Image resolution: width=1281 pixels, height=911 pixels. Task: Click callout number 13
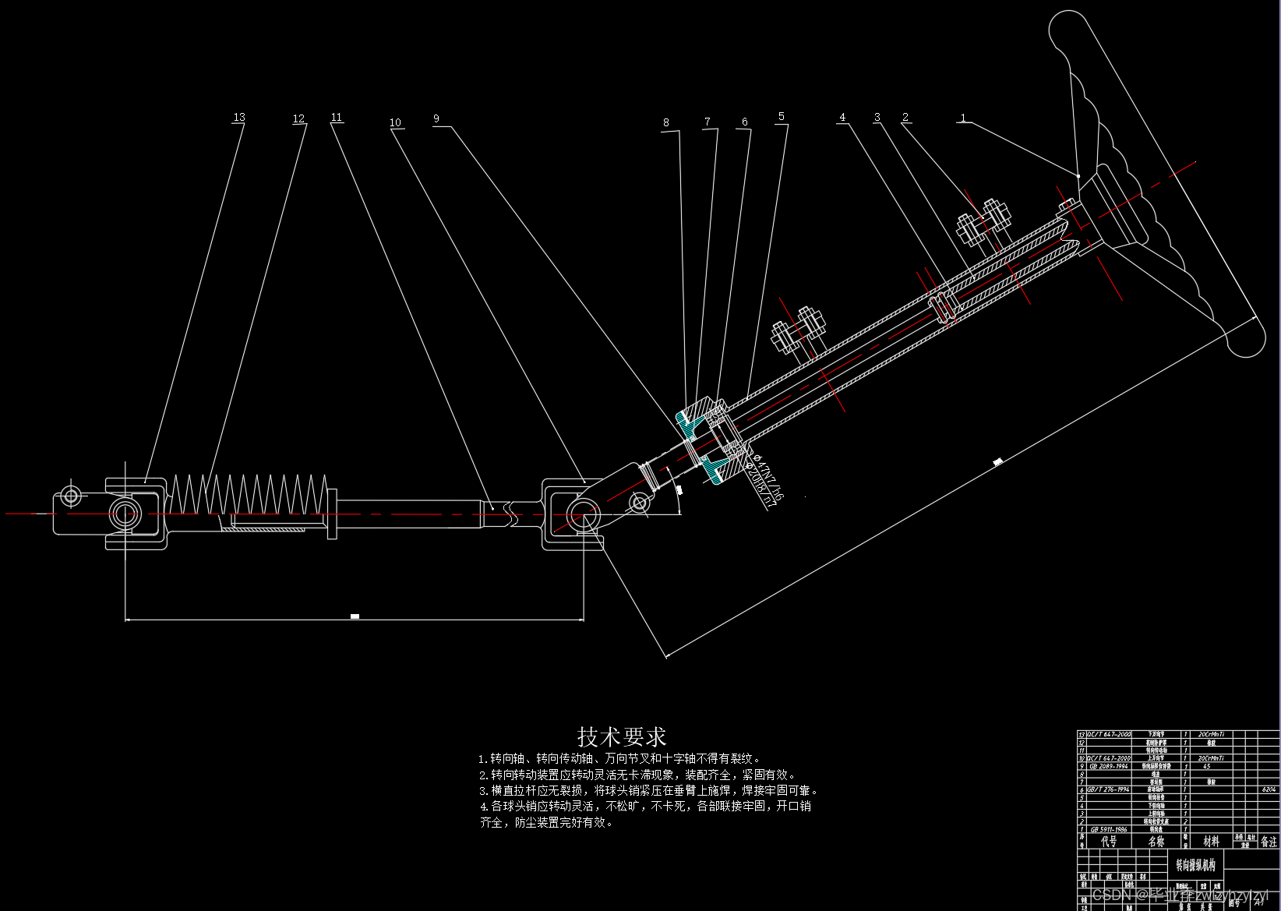(x=239, y=117)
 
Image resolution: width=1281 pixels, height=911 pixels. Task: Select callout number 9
(x=436, y=118)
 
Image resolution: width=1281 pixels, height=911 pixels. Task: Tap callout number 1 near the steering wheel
(x=963, y=118)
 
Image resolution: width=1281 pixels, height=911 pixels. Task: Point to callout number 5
(x=782, y=116)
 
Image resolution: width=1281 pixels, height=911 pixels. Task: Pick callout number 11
(x=337, y=117)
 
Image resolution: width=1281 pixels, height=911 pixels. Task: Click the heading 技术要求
(x=622, y=736)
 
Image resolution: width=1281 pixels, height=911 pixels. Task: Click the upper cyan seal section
(x=690, y=422)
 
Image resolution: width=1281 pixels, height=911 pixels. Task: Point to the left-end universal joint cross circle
(x=125, y=514)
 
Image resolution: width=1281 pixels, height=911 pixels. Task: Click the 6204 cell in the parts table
(x=1269, y=789)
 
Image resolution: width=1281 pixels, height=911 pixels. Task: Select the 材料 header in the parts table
(x=1211, y=842)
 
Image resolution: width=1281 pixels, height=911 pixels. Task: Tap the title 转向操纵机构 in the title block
(x=1195, y=865)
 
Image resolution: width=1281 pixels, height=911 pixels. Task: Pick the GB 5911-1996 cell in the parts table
(x=1109, y=829)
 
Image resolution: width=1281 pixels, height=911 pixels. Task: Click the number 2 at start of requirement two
(x=483, y=775)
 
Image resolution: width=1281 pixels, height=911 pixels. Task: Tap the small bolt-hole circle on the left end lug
(x=72, y=495)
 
